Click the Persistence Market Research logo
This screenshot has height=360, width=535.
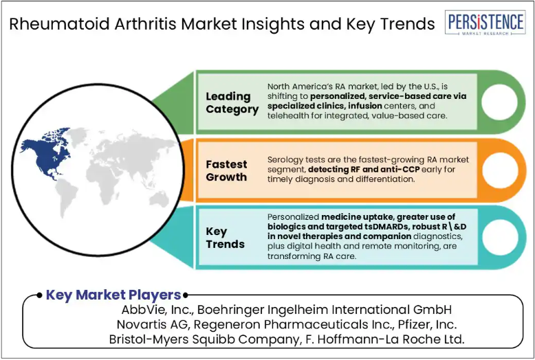click(485, 23)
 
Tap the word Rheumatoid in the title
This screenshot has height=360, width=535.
click(59, 23)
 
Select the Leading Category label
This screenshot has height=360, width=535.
click(232, 102)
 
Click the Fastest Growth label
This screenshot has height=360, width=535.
click(226, 170)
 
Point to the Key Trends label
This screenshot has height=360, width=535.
click(225, 238)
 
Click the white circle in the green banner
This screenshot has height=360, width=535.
click(499, 102)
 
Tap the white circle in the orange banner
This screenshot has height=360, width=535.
click(500, 170)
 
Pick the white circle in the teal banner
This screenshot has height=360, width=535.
click(500, 238)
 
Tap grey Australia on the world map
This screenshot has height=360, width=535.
click(159, 199)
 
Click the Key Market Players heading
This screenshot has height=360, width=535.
click(113, 295)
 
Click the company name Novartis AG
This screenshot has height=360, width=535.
click(152, 324)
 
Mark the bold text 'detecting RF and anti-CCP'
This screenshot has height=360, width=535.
click(364, 170)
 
